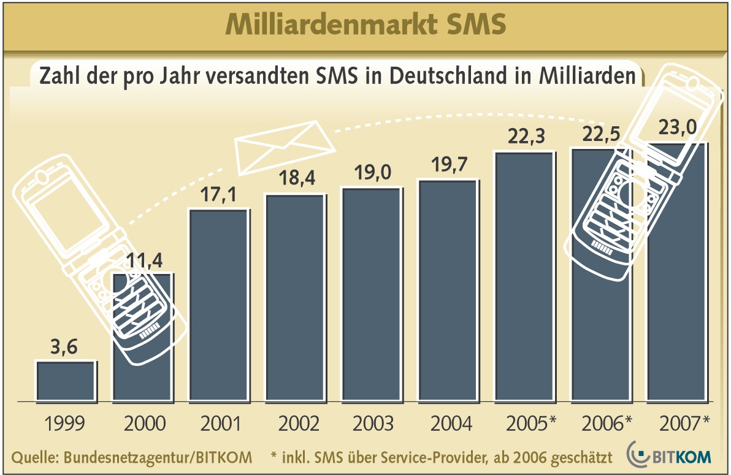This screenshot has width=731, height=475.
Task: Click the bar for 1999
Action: pos(66,381)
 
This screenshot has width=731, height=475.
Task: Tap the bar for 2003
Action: pos(371,294)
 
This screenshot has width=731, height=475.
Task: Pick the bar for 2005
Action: pos(524,276)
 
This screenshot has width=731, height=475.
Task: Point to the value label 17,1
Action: pos(218,196)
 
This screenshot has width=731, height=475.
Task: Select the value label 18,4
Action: pos(294,181)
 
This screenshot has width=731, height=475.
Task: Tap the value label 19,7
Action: pos(447,167)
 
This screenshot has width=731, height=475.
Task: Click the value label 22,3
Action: pos(524,138)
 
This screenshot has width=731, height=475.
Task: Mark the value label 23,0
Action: pos(677,129)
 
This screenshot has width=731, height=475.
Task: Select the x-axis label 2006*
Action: pos(607,424)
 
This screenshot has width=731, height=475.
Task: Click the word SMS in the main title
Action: pos(475,25)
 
